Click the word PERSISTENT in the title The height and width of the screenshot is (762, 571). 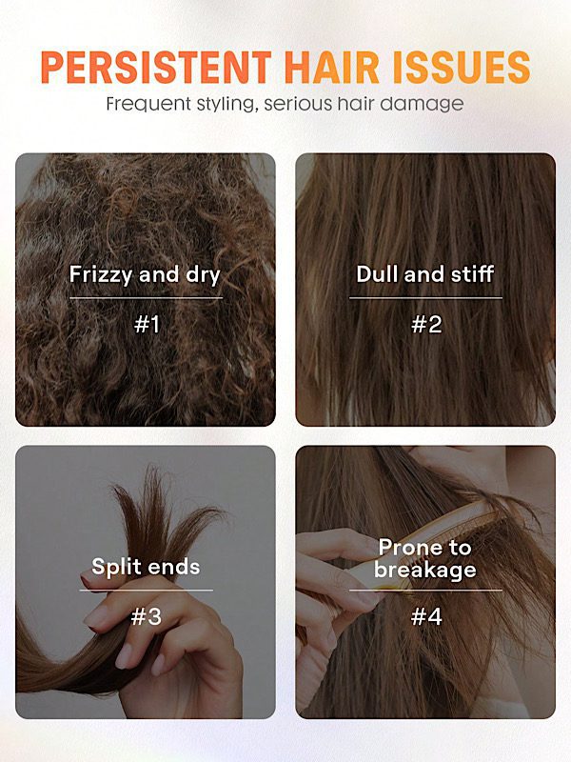click(156, 67)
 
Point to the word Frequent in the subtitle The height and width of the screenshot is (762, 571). click(148, 104)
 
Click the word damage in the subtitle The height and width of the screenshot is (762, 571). click(422, 104)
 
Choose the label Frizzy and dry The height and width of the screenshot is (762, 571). click(145, 275)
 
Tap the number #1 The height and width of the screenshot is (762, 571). click(147, 324)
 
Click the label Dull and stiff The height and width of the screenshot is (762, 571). click(425, 274)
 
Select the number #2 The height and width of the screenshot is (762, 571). click(426, 324)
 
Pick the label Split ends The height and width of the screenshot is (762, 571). click(146, 567)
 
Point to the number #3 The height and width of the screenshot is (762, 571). click(147, 616)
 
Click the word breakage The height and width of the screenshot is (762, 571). click(425, 570)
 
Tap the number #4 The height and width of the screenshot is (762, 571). click(426, 616)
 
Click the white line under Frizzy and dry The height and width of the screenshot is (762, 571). click(147, 298)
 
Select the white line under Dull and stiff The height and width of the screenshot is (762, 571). click(425, 298)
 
